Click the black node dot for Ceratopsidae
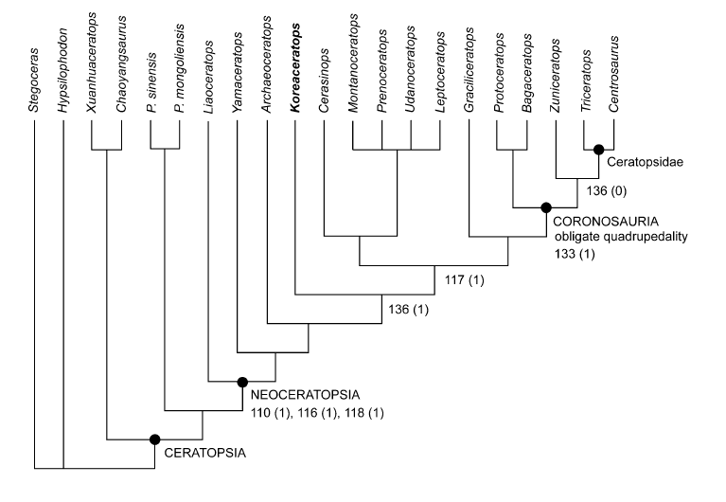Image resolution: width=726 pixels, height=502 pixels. pyautogui.click(x=598, y=148)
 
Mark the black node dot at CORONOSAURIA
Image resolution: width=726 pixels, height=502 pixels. pyautogui.click(x=545, y=206)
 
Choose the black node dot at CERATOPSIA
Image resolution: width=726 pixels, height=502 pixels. pyautogui.click(x=154, y=439)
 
